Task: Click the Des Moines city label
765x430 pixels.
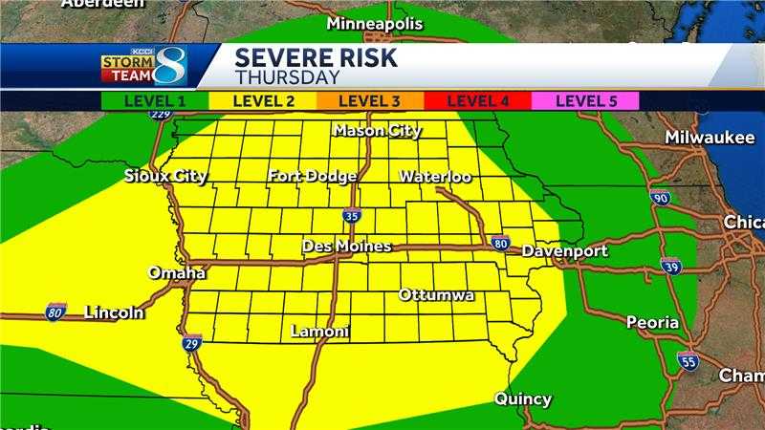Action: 346,247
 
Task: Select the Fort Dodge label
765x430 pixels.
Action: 313,176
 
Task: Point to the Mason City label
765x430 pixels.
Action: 378,131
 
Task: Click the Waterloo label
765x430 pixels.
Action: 435,177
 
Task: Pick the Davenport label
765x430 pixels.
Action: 564,251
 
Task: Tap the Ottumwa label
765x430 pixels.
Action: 437,295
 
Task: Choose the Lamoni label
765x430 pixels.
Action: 319,332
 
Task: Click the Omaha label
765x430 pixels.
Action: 177,273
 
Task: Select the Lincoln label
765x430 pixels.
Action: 114,312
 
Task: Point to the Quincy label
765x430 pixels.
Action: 523,398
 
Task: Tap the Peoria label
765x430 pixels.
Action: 652,323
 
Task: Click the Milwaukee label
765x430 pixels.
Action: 710,138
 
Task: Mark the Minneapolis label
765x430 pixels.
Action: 374,23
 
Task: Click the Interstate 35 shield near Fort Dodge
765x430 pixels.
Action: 352,215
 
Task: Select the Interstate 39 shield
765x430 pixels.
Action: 671,267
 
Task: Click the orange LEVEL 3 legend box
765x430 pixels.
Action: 368,99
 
